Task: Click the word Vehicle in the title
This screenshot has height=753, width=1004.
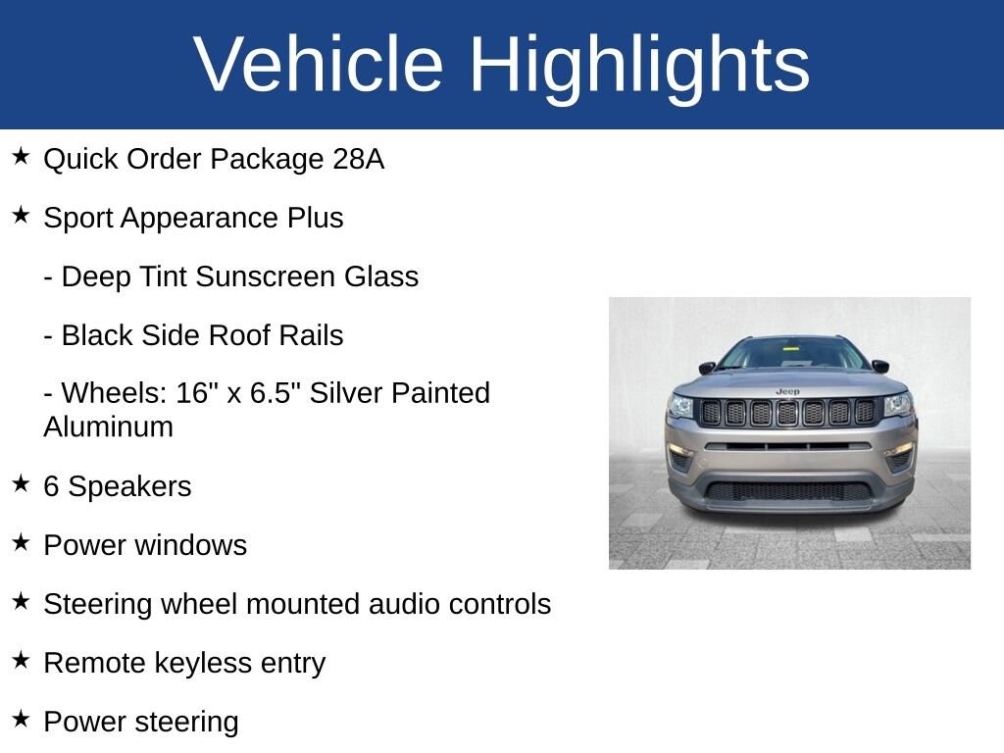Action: (x=319, y=65)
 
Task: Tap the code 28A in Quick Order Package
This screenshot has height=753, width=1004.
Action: (x=358, y=159)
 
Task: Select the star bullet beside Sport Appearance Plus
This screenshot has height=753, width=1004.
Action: (x=21, y=216)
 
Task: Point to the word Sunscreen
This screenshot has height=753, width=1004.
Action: (x=265, y=277)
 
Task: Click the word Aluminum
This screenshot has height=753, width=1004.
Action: (x=108, y=427)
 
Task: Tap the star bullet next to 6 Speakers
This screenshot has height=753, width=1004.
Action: (x=21, y=484)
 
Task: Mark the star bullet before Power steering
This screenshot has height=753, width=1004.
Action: (x=21, y=720)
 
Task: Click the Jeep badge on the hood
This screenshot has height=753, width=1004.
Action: (x=787, y=391)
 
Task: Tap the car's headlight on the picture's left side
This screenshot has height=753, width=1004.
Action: (x=680, y=406)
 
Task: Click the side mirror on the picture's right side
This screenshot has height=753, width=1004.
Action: (x=879, y=366)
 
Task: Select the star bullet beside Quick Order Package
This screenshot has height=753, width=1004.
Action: (x=21, y=157)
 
